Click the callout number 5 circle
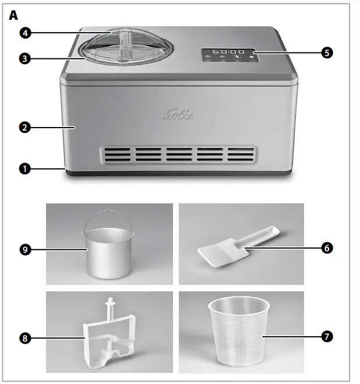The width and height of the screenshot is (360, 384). tap(327, 52)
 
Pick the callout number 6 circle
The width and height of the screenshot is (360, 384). tap(327, 248)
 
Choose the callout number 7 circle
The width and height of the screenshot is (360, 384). tap(327, 336)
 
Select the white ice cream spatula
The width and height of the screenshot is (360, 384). tap(233, 248)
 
